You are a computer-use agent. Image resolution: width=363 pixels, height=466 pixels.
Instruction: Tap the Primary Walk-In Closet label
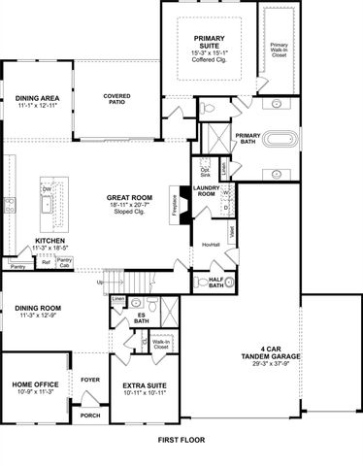pyautogui.click(x=280, y=50)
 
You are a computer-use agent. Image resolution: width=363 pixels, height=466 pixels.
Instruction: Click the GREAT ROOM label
pyautogui.click(x=127, y=198)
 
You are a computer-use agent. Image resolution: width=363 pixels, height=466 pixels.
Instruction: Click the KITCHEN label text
pyautogui.click(x=49, y=241)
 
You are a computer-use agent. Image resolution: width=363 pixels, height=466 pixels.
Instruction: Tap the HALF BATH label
pyautogui.click(x=215, y=282)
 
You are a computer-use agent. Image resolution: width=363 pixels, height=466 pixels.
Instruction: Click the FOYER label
pyautogui.click(x=90, y=380)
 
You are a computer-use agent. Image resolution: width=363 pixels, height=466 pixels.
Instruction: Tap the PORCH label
pyautogui.click(x=90, y=416)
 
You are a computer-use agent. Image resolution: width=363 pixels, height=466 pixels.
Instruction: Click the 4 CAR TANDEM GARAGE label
pyautogui.click(x=276, y=354)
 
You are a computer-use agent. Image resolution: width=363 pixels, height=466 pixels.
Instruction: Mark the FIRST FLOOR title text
pyautogui.click(x=181, y=440)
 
